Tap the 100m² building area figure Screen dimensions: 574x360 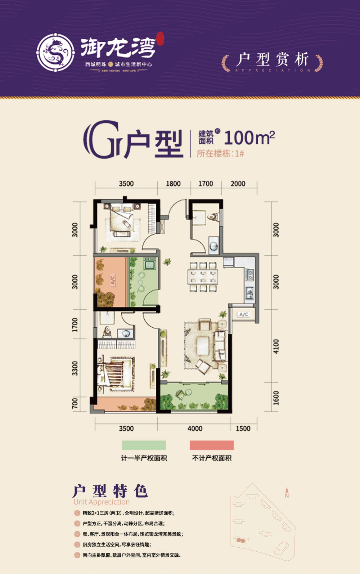(x=249, y=137)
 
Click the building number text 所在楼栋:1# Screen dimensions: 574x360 (x=220, y=153)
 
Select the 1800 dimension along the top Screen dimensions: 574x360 (x=173, y=184)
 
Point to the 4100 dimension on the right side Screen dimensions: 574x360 (x=276, y=346)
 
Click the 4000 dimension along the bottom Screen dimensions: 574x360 (x=195, y=429)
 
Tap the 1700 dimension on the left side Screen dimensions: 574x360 (x=75, y=325)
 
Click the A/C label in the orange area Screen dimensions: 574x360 (x=112, y=280)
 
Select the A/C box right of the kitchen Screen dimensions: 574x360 (x=244, y=314)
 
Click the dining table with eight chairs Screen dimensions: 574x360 (x=203, y=277)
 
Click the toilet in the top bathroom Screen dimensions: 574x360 (x=213, y=216)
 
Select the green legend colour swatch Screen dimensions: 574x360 (x=144, y=445)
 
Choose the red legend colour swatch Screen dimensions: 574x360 (x=212, y=445)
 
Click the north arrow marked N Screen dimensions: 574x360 (x=287, y=493)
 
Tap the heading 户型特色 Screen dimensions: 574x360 (x=110, y=491)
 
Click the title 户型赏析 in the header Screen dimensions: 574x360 (x=273, y=60)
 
